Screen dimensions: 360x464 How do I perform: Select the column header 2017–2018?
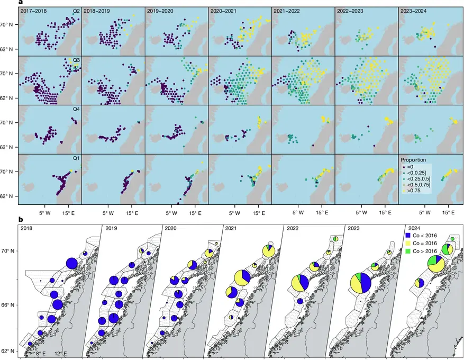(34, 11)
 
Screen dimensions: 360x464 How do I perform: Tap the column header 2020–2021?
(224, 11)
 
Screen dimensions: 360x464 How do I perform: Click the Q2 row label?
(76, 11)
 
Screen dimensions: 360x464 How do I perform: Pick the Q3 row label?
(76, 60)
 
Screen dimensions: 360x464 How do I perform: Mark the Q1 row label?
(76, 158)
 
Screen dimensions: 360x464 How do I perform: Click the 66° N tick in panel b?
(9, 305)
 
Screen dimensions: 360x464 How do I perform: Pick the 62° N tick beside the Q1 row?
(9, 196)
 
